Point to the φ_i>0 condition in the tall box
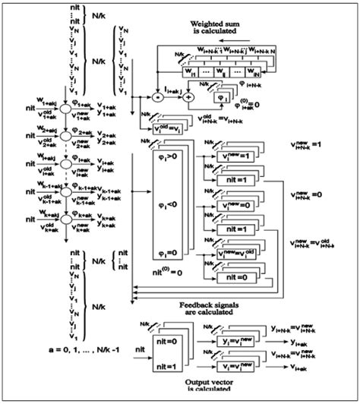[170, 160]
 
